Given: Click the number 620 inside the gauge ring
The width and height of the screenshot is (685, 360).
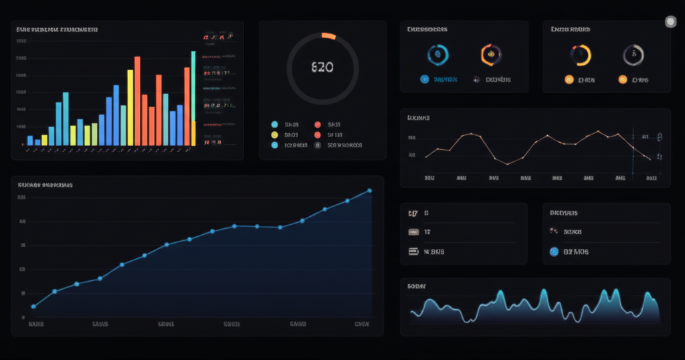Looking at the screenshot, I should click(x=322, y=68).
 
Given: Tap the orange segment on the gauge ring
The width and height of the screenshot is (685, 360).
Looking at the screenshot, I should click(x=328, y=36).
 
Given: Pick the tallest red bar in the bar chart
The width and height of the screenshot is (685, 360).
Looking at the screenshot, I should click(x=137, y=100).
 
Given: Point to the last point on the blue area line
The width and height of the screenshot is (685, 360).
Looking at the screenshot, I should click(x=370, y=191).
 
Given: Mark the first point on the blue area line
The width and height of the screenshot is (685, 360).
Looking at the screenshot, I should click(x=33, y=306).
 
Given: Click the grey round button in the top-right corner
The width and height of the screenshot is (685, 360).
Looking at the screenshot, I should click(x=670, y=22).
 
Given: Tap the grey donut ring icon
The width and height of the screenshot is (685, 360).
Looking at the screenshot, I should click(x=633, y=55).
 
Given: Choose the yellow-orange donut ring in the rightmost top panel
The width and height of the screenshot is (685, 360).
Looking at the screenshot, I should click(x=581, y=55).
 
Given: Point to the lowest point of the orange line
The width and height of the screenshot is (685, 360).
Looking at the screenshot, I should click(x=508, y=163).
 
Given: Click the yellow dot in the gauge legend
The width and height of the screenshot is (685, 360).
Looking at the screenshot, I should click(x=274, y=134).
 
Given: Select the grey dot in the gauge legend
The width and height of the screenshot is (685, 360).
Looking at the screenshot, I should click(x=317, y=145).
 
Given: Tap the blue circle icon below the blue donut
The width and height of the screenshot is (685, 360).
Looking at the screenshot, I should click(x=424, y=79).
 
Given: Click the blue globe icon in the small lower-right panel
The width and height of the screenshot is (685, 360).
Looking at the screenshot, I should click(x=553, y=252).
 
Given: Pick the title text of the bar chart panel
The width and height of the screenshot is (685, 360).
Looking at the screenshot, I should click(x=57, y=29).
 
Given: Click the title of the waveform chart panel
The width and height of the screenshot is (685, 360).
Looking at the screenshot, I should click(x=416, y=286).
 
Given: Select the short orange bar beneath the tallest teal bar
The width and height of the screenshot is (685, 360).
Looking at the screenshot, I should click(x=193, y=132).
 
